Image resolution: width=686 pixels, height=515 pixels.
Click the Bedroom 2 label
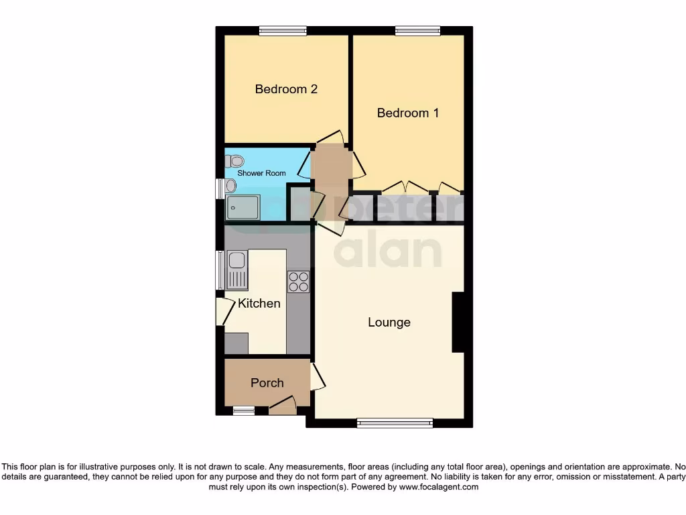(286, 89)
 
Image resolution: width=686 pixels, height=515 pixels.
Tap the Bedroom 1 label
(408, 113)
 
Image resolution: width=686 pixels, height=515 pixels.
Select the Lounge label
(389, 323)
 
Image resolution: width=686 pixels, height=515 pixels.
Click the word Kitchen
(259, 303)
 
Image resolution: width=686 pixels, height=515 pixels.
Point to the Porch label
(267, 383)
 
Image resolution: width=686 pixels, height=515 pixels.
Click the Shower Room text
(261, 173)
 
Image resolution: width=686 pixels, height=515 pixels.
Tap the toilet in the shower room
(234, 161)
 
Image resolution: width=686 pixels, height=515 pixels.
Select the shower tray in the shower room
(243, 208)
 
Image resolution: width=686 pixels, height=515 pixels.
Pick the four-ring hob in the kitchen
(299, 282)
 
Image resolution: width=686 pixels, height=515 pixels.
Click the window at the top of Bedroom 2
(283, 30)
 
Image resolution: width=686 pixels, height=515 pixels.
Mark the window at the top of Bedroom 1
(417, 30)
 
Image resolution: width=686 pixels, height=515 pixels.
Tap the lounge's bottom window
(395, 422)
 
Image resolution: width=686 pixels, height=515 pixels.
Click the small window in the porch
(244, 410)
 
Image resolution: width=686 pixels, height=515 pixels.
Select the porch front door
(283, 406)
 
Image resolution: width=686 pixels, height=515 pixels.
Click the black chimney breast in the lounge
(459, 323)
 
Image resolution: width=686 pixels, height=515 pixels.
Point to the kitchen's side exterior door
(220, 312)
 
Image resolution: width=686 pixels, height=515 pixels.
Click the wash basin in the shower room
(231, 185)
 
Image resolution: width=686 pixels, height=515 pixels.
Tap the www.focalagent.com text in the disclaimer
(438, 488)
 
